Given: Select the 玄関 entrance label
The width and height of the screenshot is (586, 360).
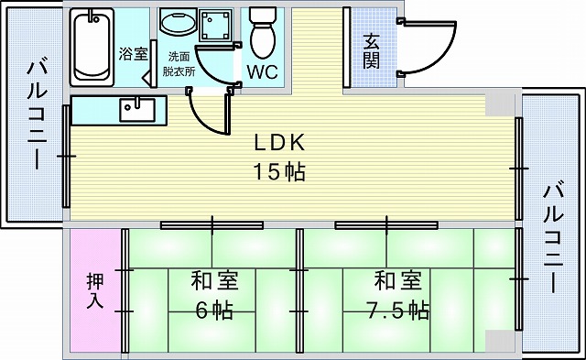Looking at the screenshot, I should tap(372, 51).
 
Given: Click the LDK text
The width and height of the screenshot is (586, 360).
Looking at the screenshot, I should tap(279, 144).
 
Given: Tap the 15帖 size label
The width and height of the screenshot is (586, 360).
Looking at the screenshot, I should tap(280, 170).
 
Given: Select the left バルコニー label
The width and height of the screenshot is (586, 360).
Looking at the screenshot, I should tap(36, 119).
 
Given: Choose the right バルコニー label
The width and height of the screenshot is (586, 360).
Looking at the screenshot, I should tap(552, 238).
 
